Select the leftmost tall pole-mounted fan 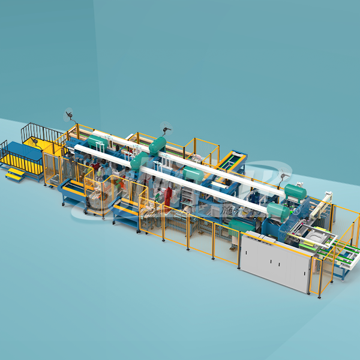[69, 115]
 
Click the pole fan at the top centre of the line [165, 128]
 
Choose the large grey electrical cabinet [275, 261]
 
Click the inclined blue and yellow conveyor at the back [232, 160]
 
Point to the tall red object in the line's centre [169, 195]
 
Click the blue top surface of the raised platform [24, 149]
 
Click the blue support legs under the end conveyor [340, 272]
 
